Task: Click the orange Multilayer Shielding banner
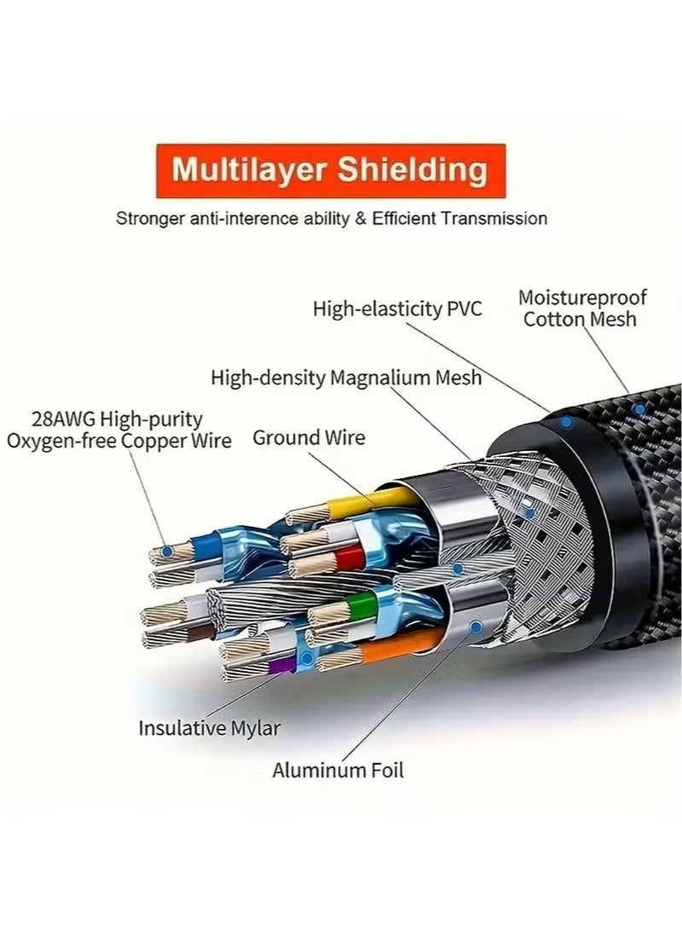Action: pyautogui.click(x=330, y=171)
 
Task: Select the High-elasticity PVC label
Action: pyautogui.click(x=397, y=308)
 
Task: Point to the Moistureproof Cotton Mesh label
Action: pyautogui.click(x=582, y=309)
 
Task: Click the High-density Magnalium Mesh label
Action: pyautogui.click(x=346, y=377)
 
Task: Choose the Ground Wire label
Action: pyautogui.click(x=309, y=438)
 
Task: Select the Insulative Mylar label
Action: pyautogui.click(x=209, y=728)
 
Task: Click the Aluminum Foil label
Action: pyautogui.click(x=338, y=771)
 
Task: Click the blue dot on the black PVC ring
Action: pyautogui.click(x=565, y=422)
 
